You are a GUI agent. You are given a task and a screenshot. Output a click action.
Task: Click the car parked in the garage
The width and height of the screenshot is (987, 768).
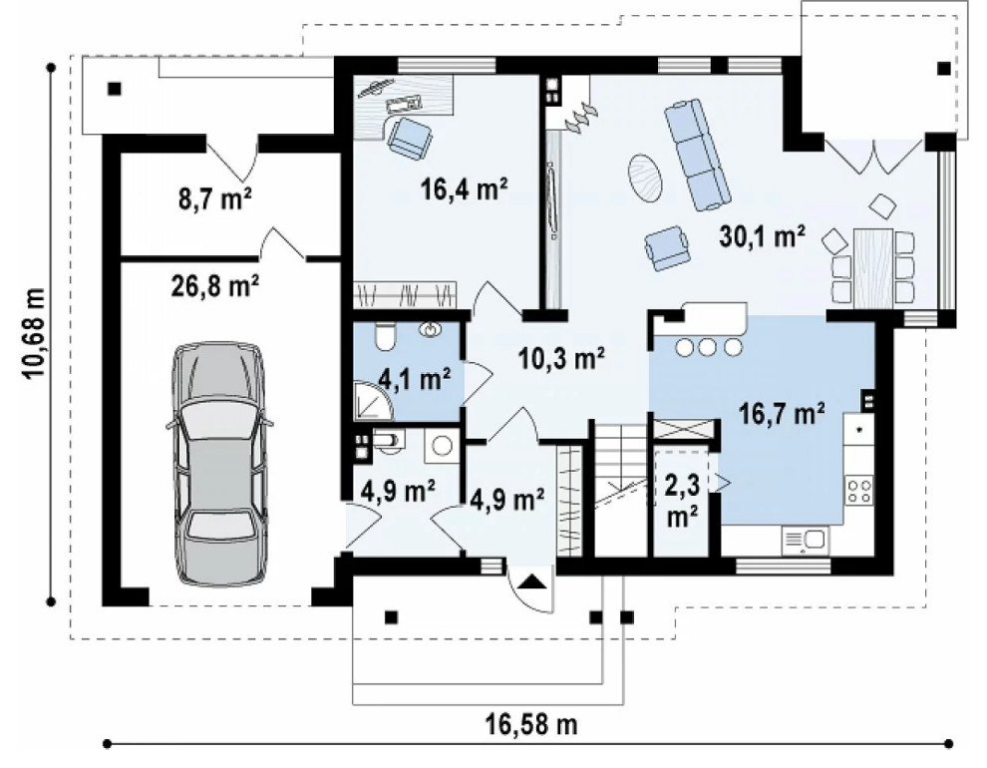219,465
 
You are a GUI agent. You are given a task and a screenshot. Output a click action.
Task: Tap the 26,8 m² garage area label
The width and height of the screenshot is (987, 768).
215,286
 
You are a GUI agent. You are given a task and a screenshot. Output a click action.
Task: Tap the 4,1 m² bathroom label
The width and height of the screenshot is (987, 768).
414,380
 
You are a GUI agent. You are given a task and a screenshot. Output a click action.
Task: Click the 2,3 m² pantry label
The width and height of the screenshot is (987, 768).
682,501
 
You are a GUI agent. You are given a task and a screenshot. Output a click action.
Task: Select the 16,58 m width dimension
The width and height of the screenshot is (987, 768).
530,724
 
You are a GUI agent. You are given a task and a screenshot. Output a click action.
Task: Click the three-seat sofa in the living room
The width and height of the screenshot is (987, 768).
698,154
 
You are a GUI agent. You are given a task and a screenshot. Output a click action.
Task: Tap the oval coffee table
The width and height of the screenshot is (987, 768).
645,179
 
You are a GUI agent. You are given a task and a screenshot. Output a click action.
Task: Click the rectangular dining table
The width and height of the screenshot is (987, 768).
872,267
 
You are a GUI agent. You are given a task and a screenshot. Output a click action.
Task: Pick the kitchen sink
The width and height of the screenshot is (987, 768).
806,540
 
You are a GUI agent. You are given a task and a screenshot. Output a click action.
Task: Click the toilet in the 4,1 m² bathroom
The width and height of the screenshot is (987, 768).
384,336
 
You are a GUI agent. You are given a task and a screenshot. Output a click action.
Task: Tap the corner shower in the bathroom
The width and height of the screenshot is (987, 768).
373,402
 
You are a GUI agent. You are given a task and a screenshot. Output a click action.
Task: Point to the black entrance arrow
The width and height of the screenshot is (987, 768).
531,581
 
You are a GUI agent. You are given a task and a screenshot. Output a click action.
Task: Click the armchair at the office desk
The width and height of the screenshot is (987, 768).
411,138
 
